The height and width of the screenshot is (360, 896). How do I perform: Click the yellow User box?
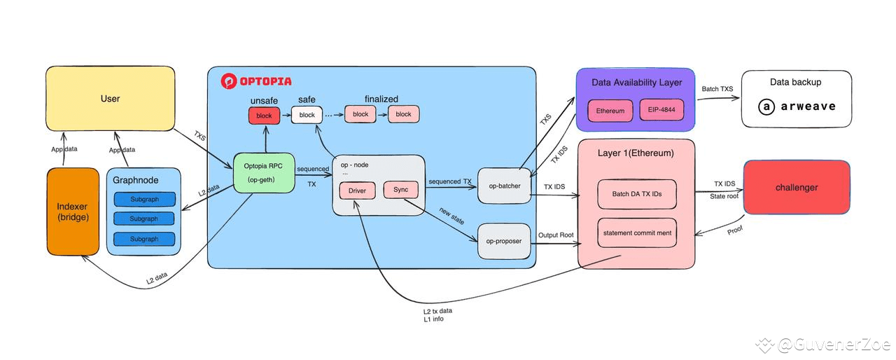(x=110, y=98)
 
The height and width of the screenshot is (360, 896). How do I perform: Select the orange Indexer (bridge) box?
(x=73, y=212)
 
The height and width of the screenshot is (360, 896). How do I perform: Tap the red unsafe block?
(x=264, y=115)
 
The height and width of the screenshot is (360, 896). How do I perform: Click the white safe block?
(x=307, y=115)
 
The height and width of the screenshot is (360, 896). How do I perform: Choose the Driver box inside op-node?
(x=357, y=191)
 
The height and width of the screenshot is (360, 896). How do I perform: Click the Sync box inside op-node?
(x=401, y=190)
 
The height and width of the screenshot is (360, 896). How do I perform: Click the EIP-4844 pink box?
(x=661, y=111)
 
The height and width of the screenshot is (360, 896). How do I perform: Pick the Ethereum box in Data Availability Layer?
(x=610, y=111)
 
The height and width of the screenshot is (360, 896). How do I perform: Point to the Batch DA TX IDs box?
(x=637, y=193)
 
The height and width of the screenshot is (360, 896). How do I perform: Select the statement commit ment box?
(x=637, y=233)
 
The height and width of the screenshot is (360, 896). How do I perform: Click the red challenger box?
(x=796, y=187)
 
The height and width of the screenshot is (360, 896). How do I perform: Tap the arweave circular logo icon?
(x=767, y=107)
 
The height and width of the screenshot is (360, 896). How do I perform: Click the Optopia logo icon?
(x=229, y=81)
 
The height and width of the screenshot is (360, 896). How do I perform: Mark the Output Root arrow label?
(x=556, y=235)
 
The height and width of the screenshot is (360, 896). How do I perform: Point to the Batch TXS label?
(x=717, y=89)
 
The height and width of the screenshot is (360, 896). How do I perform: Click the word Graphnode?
(x=135, y=180)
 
